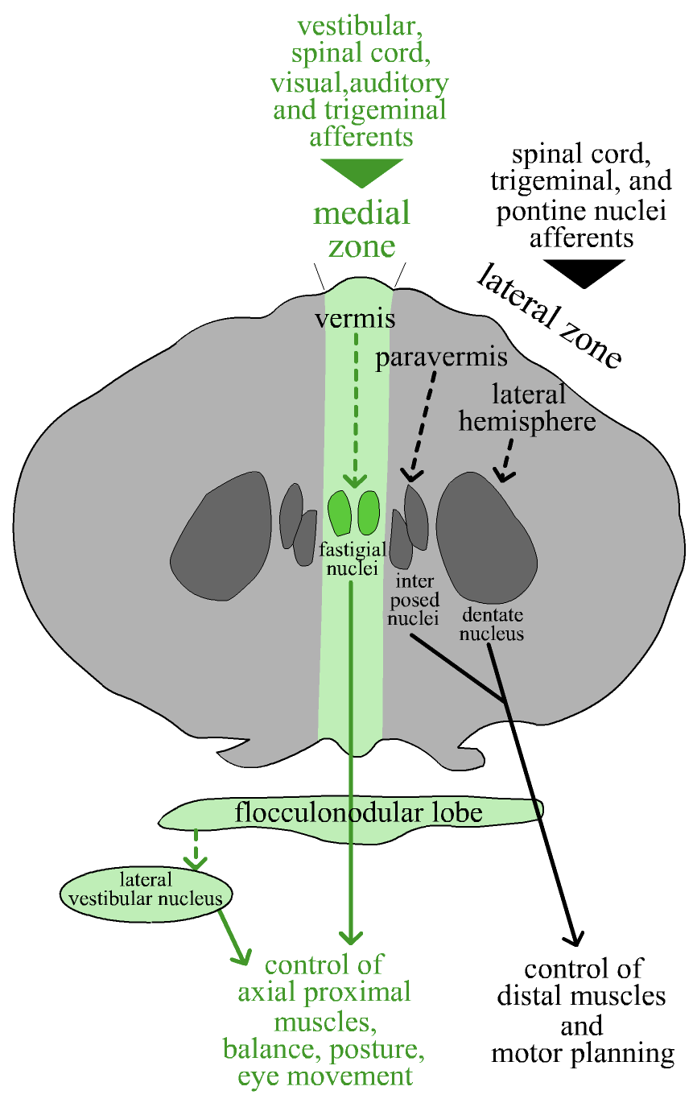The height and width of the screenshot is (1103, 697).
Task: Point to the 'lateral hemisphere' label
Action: [x=528, y=407]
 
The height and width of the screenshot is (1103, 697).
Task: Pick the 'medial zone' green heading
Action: [x=362, y=229]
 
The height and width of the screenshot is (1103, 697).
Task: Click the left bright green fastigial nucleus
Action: [x=340, y=513]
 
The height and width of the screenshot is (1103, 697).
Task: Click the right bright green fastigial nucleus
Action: [x=369, y=513]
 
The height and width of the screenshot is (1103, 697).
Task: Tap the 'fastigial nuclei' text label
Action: [x=349, y=559]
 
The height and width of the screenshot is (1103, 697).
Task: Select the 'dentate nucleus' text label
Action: [x=493, y=625]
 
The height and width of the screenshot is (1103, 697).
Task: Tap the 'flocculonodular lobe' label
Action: [x=359, y=812]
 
